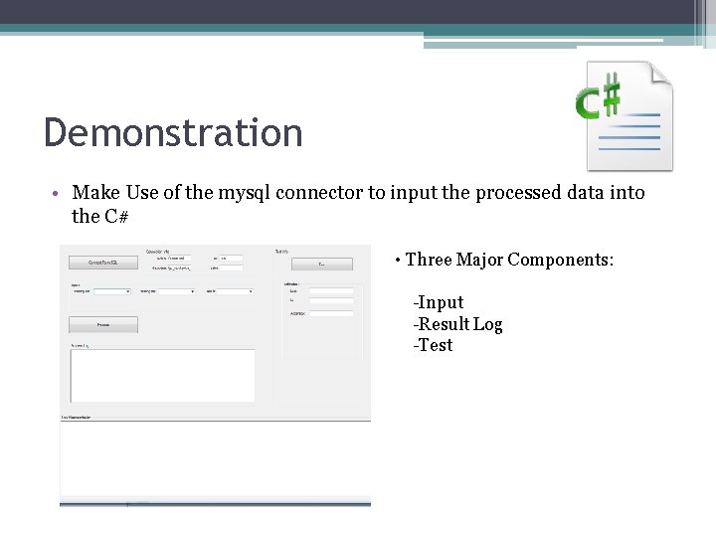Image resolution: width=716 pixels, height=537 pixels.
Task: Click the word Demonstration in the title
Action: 173,132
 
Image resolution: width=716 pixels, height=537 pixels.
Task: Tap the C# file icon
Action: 624,115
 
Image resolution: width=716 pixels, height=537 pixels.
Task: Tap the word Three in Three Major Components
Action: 429,260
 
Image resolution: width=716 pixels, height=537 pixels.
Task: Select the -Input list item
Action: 439,302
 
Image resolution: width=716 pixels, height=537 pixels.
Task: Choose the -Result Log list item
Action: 457,324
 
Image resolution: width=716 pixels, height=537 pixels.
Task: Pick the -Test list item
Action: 433,345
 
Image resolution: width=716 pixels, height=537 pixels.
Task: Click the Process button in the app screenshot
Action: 103,324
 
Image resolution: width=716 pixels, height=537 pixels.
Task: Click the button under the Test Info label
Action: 321,264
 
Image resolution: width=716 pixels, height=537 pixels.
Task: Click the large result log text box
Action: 162,375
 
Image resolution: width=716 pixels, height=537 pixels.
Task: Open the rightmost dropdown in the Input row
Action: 235,291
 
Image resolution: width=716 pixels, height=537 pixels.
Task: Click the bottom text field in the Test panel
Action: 331,313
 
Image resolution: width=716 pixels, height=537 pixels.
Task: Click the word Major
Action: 478,260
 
